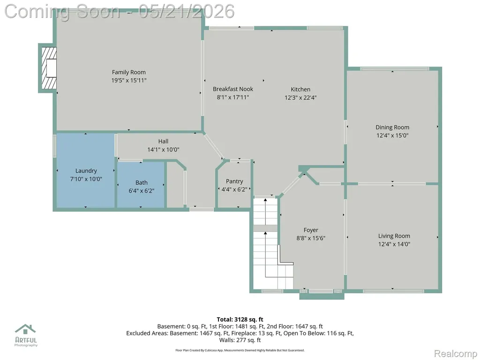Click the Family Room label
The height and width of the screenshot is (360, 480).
128,72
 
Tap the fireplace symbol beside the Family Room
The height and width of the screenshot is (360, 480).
49,68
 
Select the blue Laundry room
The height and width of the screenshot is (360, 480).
86,170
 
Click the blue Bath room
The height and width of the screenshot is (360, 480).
141,185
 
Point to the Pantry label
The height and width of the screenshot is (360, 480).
234,181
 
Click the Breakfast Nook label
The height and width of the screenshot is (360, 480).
233,89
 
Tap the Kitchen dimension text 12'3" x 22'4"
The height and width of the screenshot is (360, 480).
300,97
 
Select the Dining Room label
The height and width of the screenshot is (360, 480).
392,127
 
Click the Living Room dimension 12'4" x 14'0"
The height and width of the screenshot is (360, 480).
394,244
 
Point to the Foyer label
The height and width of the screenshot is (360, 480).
311,230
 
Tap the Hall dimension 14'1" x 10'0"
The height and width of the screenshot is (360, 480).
163,150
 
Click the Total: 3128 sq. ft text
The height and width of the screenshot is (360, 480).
240,320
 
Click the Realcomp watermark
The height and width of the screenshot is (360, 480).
456,353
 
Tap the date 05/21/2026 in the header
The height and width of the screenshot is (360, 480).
187,11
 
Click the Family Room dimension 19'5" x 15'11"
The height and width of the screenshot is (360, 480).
128,81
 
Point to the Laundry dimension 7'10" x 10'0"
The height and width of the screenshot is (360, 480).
86,179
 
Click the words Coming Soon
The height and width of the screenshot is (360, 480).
62,12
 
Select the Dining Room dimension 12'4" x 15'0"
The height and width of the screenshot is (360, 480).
392,135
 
